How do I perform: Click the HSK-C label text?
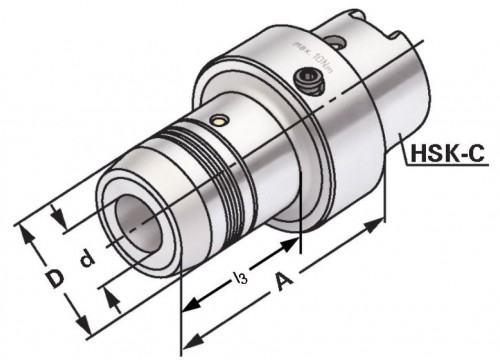click(447, 154)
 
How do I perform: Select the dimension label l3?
click(236, 274)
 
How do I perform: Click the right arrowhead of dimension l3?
click(297, 240)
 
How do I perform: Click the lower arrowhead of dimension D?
click(84, 331)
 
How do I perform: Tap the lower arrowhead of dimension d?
click(112, 296)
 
